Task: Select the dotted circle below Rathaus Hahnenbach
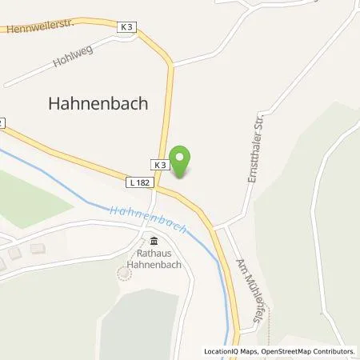tap(123, 274)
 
